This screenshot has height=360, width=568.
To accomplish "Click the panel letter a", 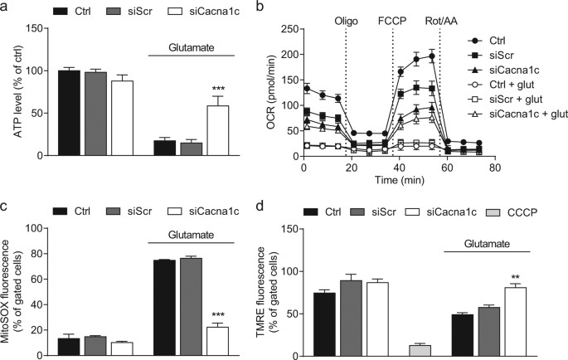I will point(6,7).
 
